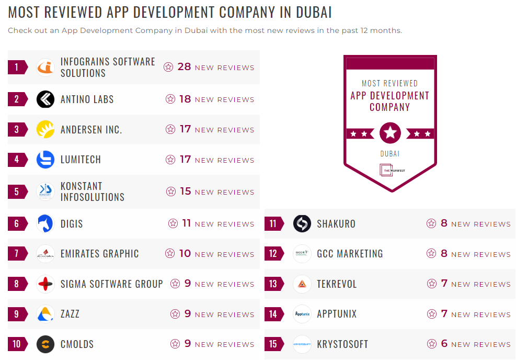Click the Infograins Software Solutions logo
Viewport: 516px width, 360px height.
(x=45, y=67)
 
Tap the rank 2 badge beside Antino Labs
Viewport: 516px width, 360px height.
(x=17, y=99)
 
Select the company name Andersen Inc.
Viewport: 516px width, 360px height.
(x=91, y=130)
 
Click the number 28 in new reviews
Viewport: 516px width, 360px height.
(x=184, y=67)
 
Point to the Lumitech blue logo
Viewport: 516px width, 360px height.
(x=45, y=160)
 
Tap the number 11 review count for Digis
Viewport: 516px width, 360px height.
(x=186, y=223)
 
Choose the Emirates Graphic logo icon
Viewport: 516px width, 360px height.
(x=45, y=254)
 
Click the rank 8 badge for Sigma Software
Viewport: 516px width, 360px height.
(x=17, y=284)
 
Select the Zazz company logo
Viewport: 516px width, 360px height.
(x=45, y=314)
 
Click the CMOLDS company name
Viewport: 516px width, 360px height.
(x=77, y=344)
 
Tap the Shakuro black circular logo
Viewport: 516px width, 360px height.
(x=302, y=224)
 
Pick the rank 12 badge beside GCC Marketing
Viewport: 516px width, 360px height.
(x=273, y=254)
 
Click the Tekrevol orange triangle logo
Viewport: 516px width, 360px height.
(x=302, y=284)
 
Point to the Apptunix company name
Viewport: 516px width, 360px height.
(x=337, y=314)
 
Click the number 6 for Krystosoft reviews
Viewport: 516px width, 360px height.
(x=444, y=344)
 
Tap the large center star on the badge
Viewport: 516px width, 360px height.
(x=390, y=133)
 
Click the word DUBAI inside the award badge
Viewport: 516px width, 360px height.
(x=389, y=154)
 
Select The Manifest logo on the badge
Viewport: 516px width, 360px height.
(x=389, y=170)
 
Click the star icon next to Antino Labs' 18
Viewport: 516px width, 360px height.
(x=170, y=99)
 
